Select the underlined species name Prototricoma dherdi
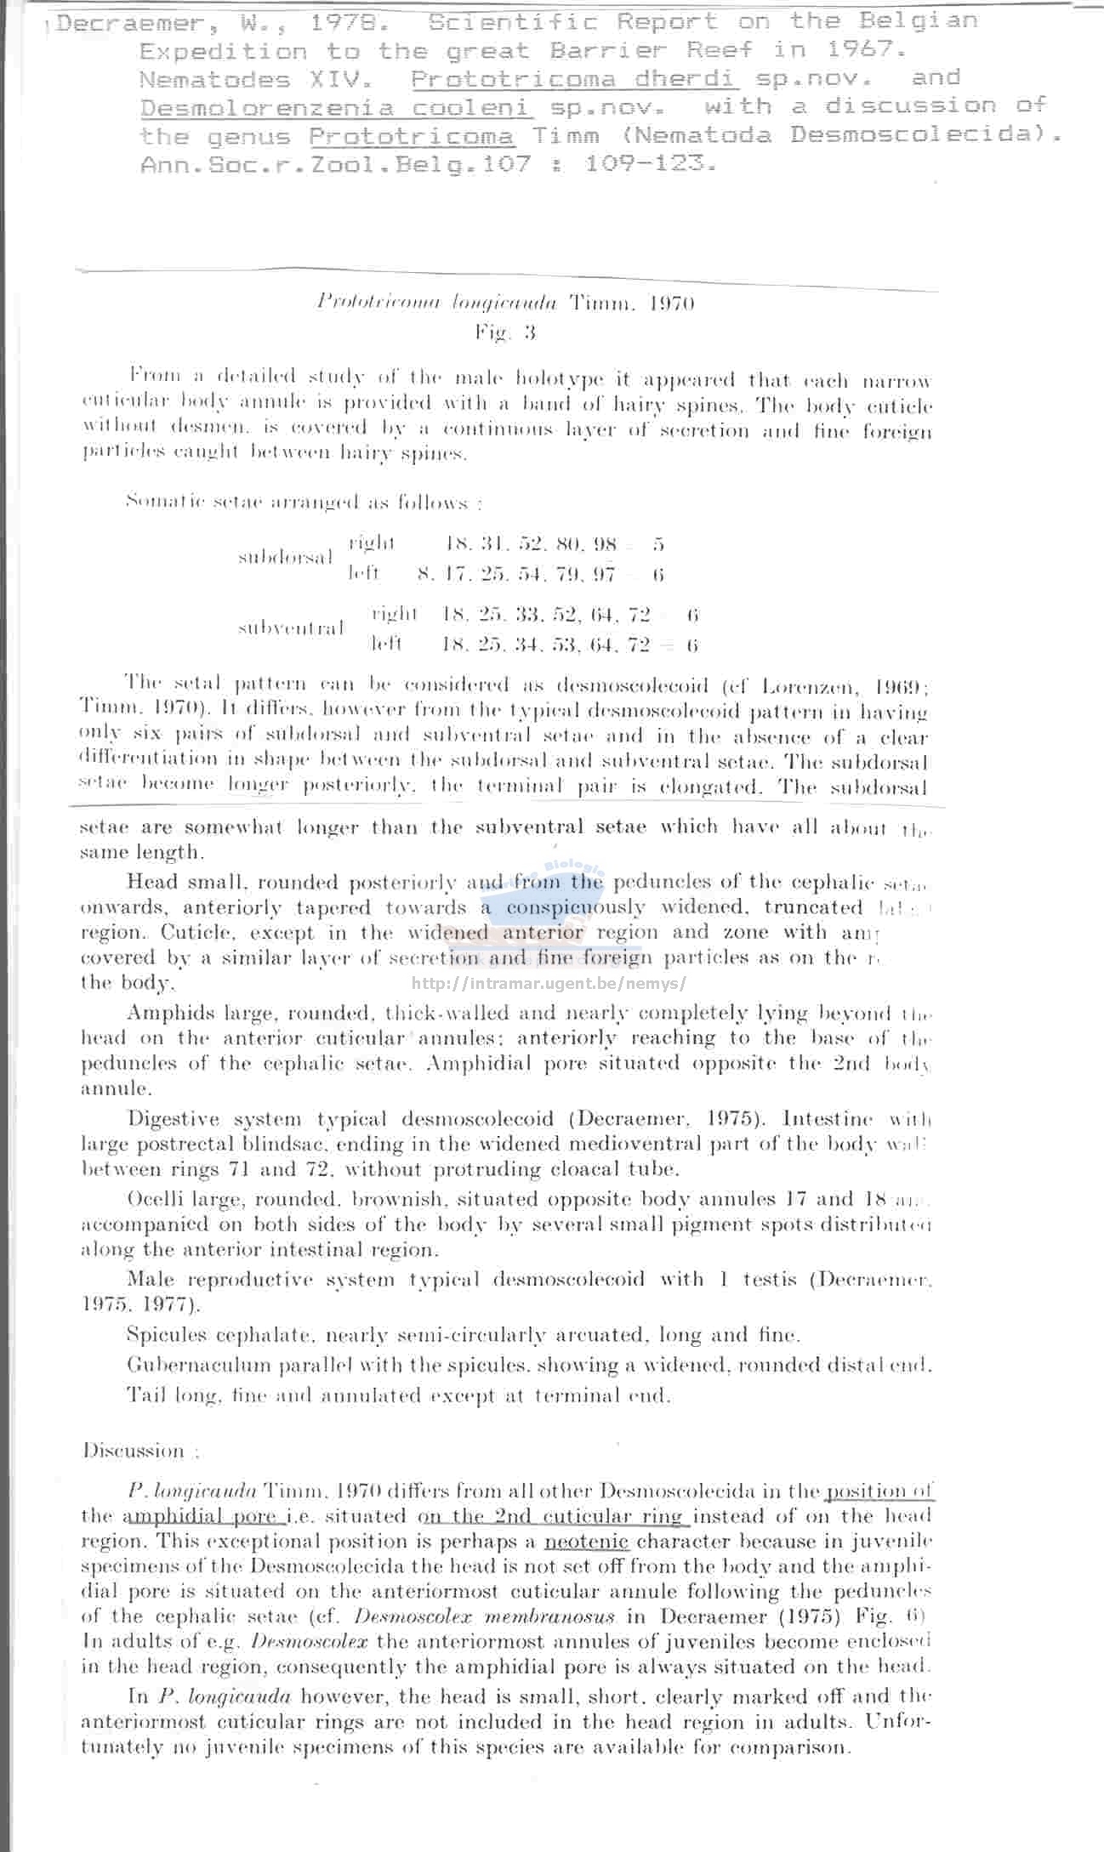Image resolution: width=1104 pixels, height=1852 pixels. click(574, 79)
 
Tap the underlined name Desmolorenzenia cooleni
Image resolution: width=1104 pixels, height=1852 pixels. click(336, 108)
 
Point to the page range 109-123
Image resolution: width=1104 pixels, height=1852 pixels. click(651, 163)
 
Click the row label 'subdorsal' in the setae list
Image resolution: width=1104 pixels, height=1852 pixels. click(286, 558)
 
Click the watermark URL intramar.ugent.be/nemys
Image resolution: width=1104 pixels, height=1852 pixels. click(549, 984)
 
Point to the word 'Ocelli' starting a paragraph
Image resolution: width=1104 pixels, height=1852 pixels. click(153, 1199)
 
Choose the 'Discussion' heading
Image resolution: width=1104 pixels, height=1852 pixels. click(134, 1451)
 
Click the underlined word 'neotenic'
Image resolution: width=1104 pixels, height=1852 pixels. click(586, 1542)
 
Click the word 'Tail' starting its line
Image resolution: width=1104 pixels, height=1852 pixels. click(144, 1395)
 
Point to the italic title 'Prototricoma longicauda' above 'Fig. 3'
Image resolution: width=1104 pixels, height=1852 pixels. click(435, 303)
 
